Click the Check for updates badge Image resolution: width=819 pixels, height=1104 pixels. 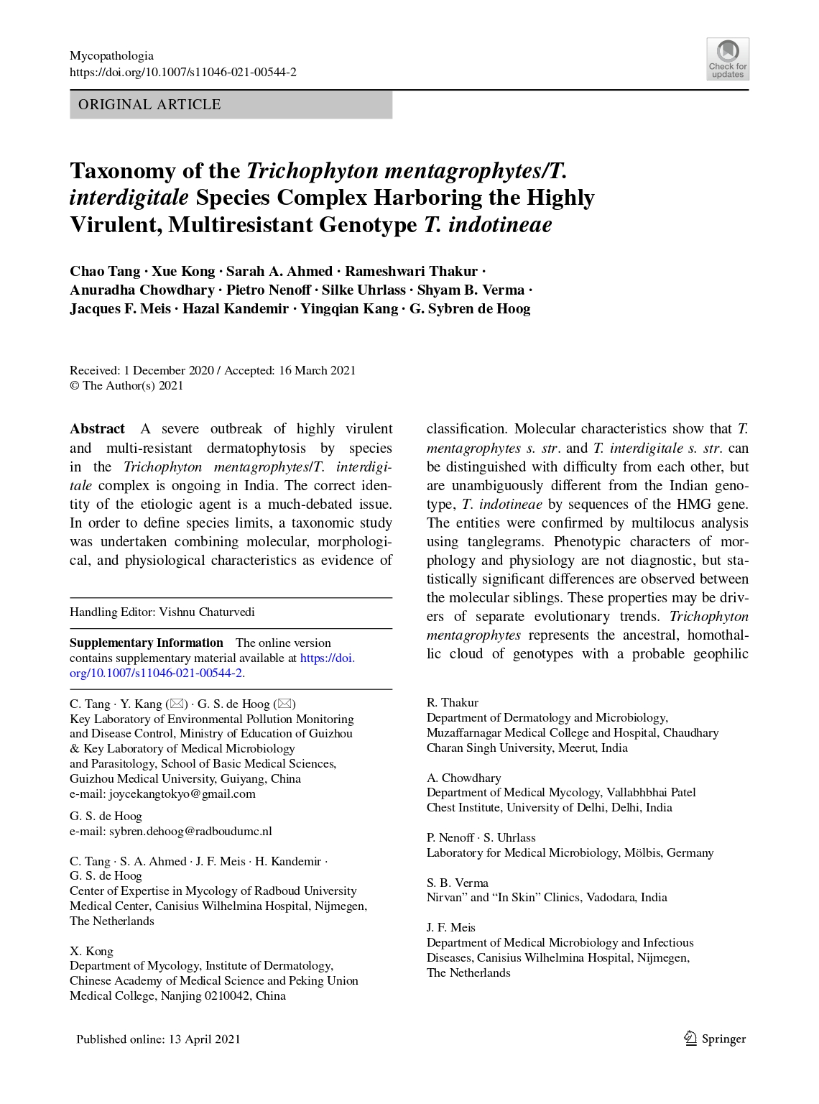tap(727, 58)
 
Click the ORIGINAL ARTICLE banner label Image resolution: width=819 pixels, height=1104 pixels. tap(149, 105)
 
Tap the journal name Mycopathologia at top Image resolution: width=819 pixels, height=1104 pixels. tap(111, 55)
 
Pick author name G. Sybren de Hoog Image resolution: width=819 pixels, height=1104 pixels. tap(470, 309)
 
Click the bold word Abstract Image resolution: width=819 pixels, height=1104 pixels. tap(97, 429)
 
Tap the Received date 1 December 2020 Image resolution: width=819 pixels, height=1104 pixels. tap(168, 371)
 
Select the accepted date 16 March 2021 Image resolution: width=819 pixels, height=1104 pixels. tap(317, 371)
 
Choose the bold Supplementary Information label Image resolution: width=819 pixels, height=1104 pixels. tap(147, 643)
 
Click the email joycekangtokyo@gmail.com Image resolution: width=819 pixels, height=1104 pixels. tap(182, 794)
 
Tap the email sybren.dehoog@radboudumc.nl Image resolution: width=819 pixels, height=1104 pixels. tap(190, 832)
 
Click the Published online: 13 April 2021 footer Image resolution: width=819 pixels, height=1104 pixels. tap(158, 1039)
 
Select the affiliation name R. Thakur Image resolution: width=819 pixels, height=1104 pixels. tap(452, 703)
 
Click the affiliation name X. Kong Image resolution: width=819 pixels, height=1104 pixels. tap(91, 952)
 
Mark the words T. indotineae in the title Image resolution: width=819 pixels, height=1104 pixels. tap(488, 225)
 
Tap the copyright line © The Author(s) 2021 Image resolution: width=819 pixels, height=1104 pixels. tap(126, 386)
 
